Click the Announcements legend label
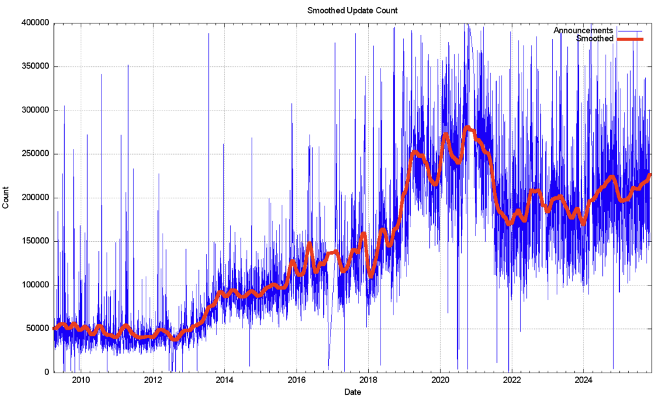(583, 31)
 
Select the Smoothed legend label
(594, 39)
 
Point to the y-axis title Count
(6, 197)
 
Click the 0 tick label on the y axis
(47, 372)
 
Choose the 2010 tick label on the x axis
(81, 380)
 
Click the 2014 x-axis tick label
(225, 380)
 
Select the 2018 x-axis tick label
(369, 380)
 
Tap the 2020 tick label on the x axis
(440, 380)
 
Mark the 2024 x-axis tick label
(584, 380)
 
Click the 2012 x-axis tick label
(153, 380)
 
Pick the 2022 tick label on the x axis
(512, 380)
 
